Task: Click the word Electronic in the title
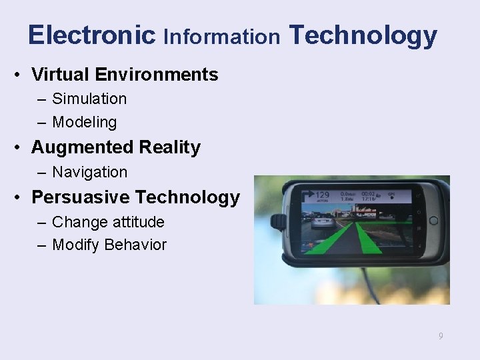pos(91,35)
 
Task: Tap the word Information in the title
pos(221,37)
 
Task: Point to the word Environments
pos(158,75)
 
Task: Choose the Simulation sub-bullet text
pos(89,99)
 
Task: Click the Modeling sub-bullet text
pos(84,123)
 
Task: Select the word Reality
pos(170,148)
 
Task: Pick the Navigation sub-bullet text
pos(89,172)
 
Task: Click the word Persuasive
pos(81,197)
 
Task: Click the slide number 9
pos(440,336)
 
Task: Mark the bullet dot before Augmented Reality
pos(21,147)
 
